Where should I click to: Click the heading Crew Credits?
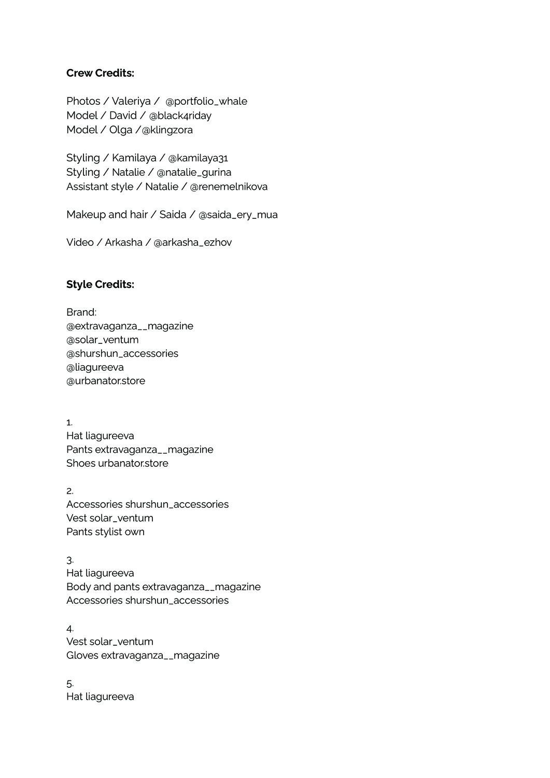click(100, 73)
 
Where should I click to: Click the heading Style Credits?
click(100, 284)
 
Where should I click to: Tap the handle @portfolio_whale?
click(206, 101)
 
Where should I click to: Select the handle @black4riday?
click(180, 116)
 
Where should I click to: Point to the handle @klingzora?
click(167, 130)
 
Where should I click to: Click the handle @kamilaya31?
click(198, 158)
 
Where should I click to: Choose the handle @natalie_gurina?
click(194, 172)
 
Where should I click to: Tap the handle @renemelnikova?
click(229, 187)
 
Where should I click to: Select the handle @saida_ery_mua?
click(238, 215)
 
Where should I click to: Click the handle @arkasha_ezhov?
click(192, 242)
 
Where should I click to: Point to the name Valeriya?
click(131, 101)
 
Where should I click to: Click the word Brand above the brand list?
click(81, 312)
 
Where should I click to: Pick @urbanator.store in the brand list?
click(106, 381)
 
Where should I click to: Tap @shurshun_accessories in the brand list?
click(122, 353)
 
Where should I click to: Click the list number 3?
click(69, 560)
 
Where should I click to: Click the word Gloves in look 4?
click(82, 655)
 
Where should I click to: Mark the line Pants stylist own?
click(105, 532)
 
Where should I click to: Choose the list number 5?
click(69, 683)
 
